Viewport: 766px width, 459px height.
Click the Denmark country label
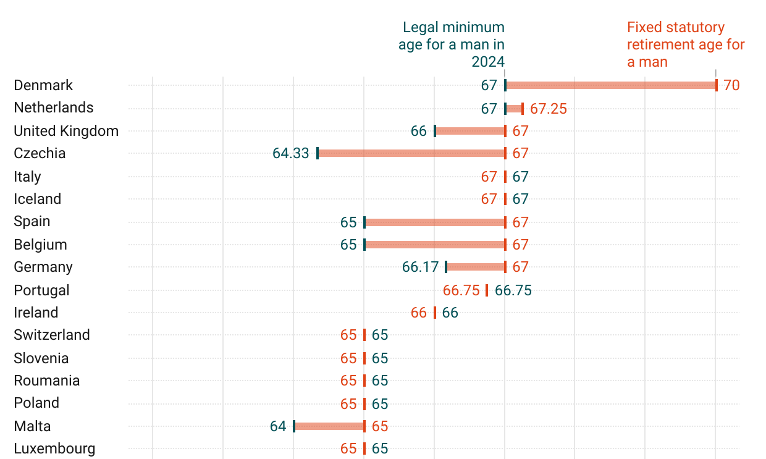click(x=43, y=85)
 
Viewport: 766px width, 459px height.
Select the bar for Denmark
click(x=610, y=85)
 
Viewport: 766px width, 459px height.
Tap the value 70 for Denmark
click(x=731, y=85)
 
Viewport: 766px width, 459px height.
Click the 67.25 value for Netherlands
click(x=549, y=109)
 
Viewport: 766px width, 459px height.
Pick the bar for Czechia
click(x=411, y=153)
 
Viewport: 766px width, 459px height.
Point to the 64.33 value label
click(x=290, y=153)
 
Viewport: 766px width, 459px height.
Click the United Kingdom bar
click(x=470, y=131)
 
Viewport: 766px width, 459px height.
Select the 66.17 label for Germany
click(x=420, y=267)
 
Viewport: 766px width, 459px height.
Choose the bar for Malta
click(x=329, y=426)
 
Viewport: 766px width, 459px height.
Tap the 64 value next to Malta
click(x=278, y=426)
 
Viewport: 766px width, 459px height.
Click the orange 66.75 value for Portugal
click(x=461, y=290)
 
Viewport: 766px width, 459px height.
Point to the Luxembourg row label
click(x=54, y=448)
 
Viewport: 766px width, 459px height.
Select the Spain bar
click(x=435, y=222)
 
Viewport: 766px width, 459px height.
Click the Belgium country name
click(x=40, y=245)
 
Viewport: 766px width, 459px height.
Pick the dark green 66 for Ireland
click(x=450, y=313)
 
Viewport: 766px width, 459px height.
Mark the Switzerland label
click(x=52, y=335)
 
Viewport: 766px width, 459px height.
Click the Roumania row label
click(x=47, y=381)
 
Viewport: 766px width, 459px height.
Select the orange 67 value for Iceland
click(x=489, y=199)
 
